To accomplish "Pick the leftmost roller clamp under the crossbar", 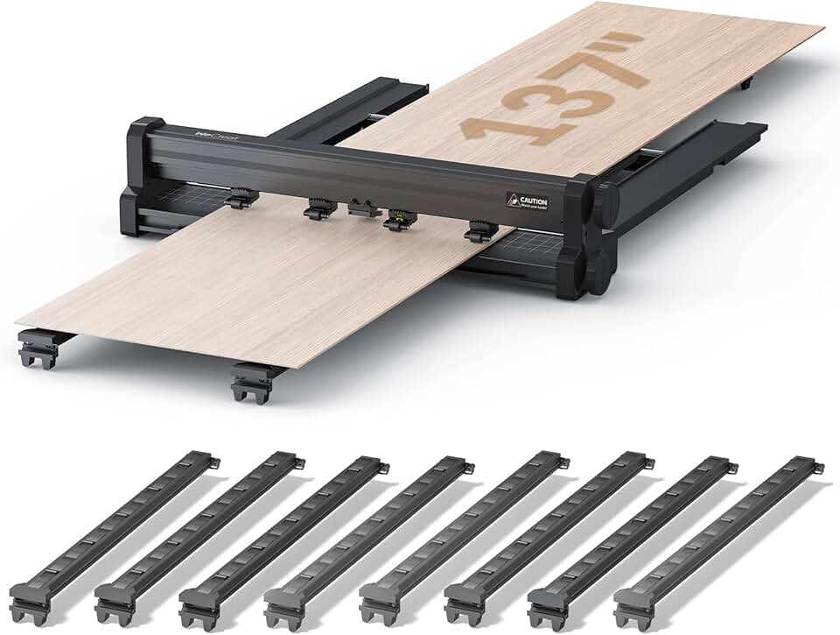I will point(240,199).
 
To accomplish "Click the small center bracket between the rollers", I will point(359,208).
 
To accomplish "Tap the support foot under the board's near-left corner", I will point(39,346).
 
